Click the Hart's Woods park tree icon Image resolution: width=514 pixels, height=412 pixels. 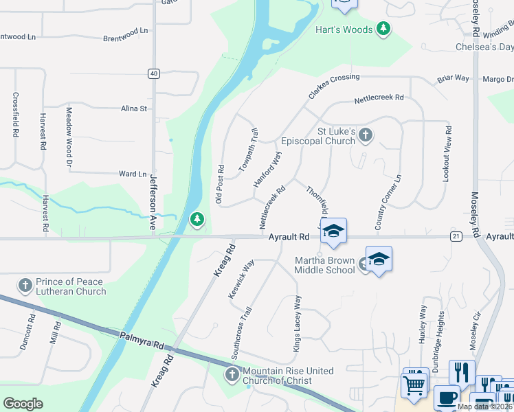pos(383,29)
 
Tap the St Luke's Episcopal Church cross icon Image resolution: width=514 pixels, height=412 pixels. pos(365,135)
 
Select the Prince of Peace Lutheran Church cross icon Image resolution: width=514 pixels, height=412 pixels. pos(25,285)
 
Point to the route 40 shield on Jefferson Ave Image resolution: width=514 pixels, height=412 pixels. pos(153,73)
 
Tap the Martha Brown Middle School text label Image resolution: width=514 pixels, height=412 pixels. pos(325,265)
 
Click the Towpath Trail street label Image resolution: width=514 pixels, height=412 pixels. pos(248,150)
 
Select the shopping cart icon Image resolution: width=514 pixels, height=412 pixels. pos(414,385)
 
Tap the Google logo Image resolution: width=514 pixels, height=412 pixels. pos(23,404)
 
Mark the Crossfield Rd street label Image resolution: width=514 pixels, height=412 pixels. pos(15,115)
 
